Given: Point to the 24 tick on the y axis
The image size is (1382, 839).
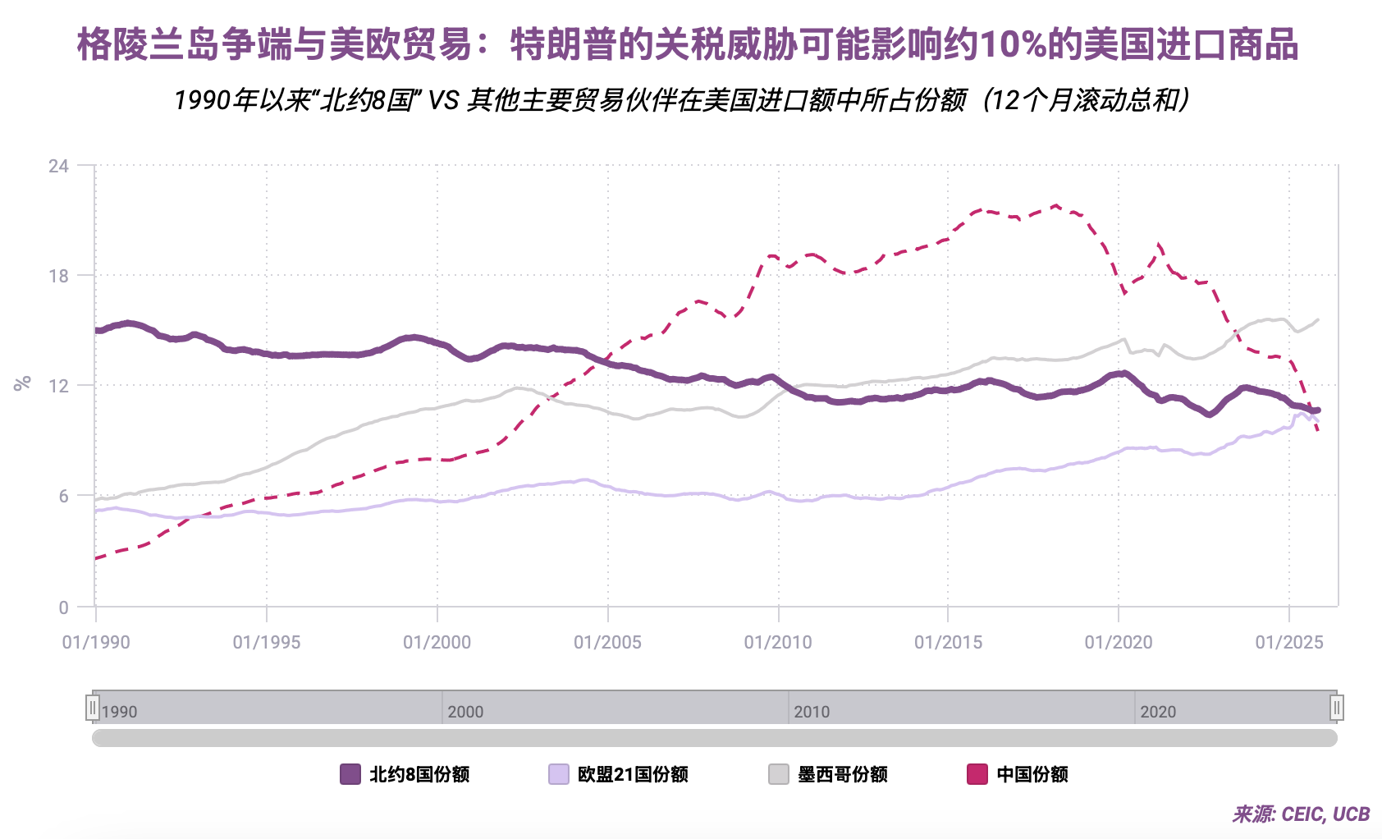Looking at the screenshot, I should coord(58,167).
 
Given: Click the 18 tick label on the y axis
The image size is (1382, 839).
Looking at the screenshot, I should coord(58,276).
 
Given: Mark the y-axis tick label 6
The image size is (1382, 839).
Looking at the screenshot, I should coord(63,496).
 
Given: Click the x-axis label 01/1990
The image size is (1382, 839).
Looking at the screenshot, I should coord(96,642).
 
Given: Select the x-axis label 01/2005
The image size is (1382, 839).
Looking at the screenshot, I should coord(607,642).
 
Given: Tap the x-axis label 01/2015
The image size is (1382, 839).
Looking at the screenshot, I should coord(948,642).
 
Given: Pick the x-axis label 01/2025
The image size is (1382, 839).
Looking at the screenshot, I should coord(1289,642).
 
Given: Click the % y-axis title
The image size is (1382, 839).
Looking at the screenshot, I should coord(22,383).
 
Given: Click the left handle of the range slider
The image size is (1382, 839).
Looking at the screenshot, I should coord(93,708).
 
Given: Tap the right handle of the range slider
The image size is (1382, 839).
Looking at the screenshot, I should coord(1337,708).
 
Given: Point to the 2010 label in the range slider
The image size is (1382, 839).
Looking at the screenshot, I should coord(812,712).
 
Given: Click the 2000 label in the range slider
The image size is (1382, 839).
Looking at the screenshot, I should coord(465,712).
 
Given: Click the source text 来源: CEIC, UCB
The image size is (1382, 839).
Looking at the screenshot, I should coord(1301,814).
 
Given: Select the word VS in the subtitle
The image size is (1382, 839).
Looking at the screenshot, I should coord(443,100).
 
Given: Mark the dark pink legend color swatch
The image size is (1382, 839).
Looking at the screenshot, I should coord(977,774).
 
